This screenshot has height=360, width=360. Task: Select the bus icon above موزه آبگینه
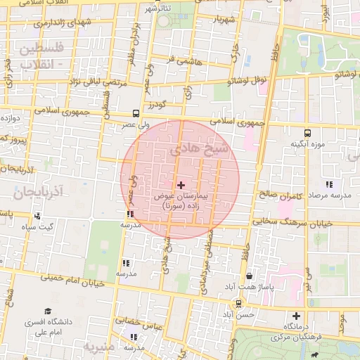(x=307, y=132)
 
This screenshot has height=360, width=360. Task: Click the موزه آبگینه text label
(x=307, y=144)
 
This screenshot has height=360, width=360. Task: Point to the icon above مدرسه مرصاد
(x=329, y=184)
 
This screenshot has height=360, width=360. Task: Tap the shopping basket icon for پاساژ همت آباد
(x=250, y=276)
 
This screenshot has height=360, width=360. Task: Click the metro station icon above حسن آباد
(x=239, y=304)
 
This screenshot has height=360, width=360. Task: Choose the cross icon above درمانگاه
(x=296, y=316)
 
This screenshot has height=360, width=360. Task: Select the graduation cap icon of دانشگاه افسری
(x=48, y=311)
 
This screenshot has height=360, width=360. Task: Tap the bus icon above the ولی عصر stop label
(x=136, y=113)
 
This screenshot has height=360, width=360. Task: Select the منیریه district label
(x=98, y=347)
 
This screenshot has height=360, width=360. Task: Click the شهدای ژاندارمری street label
(x=63, y=23)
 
